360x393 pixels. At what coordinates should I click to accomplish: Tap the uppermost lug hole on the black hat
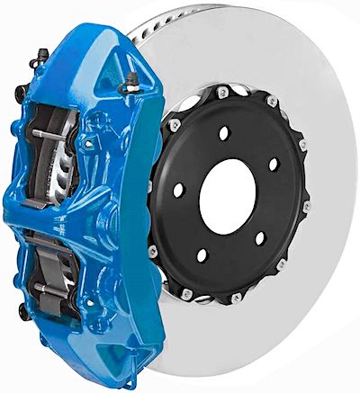[224, 133]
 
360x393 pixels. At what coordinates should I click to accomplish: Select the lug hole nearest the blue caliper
[176, 189]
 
